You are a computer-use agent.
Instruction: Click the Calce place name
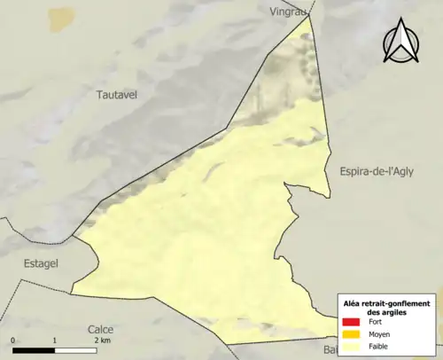pyautogui.click(x=101, y=329)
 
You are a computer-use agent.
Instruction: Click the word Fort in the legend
pyautogui.click(x=377, y=322)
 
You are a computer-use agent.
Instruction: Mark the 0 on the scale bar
pyautogui.click(x=13, y=340)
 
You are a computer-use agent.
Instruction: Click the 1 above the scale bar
pyautogui.click(x=55, y=340)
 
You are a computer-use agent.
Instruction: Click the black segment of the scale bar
pyautogui.click(x=34, y=350)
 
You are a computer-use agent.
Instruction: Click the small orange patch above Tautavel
pyautogui.click(x=61, y=18)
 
